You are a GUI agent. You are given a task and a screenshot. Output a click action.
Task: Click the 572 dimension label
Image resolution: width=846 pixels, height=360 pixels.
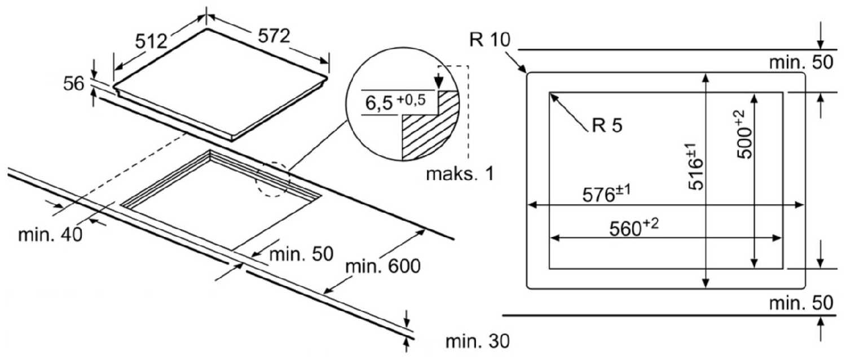point(274,36)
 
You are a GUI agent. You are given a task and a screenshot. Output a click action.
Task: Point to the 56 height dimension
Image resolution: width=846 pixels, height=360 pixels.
point(73,84)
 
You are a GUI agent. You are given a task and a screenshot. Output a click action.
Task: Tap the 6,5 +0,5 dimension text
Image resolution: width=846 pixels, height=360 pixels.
point(395,102)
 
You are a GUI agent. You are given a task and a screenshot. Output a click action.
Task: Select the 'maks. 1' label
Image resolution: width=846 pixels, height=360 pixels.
point(460,174)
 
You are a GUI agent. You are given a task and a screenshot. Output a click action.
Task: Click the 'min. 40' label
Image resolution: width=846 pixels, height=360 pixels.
point(50,235)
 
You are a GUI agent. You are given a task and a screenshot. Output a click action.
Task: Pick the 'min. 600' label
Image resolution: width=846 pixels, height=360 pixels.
point(383,266)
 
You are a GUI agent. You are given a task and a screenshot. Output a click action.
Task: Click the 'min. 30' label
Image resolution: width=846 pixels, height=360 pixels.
point(477,341)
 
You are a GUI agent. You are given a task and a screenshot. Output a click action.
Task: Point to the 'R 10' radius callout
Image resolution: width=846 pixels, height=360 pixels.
point(490,39)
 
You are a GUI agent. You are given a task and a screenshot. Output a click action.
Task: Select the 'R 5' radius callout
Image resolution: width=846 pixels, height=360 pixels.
point(607,125)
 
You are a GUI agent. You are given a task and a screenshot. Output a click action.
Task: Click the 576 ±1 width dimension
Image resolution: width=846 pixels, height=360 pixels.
point(606,194)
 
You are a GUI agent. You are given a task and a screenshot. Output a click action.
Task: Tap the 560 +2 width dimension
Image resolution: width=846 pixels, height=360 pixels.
point(634,227)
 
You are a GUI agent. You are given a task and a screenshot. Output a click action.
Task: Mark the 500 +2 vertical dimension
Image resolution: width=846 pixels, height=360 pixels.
point(743,134)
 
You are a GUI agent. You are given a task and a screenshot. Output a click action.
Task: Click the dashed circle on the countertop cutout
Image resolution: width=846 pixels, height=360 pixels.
point(272,179)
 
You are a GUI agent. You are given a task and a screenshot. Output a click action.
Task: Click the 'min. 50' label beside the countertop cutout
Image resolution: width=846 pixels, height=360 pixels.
point(301,254)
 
